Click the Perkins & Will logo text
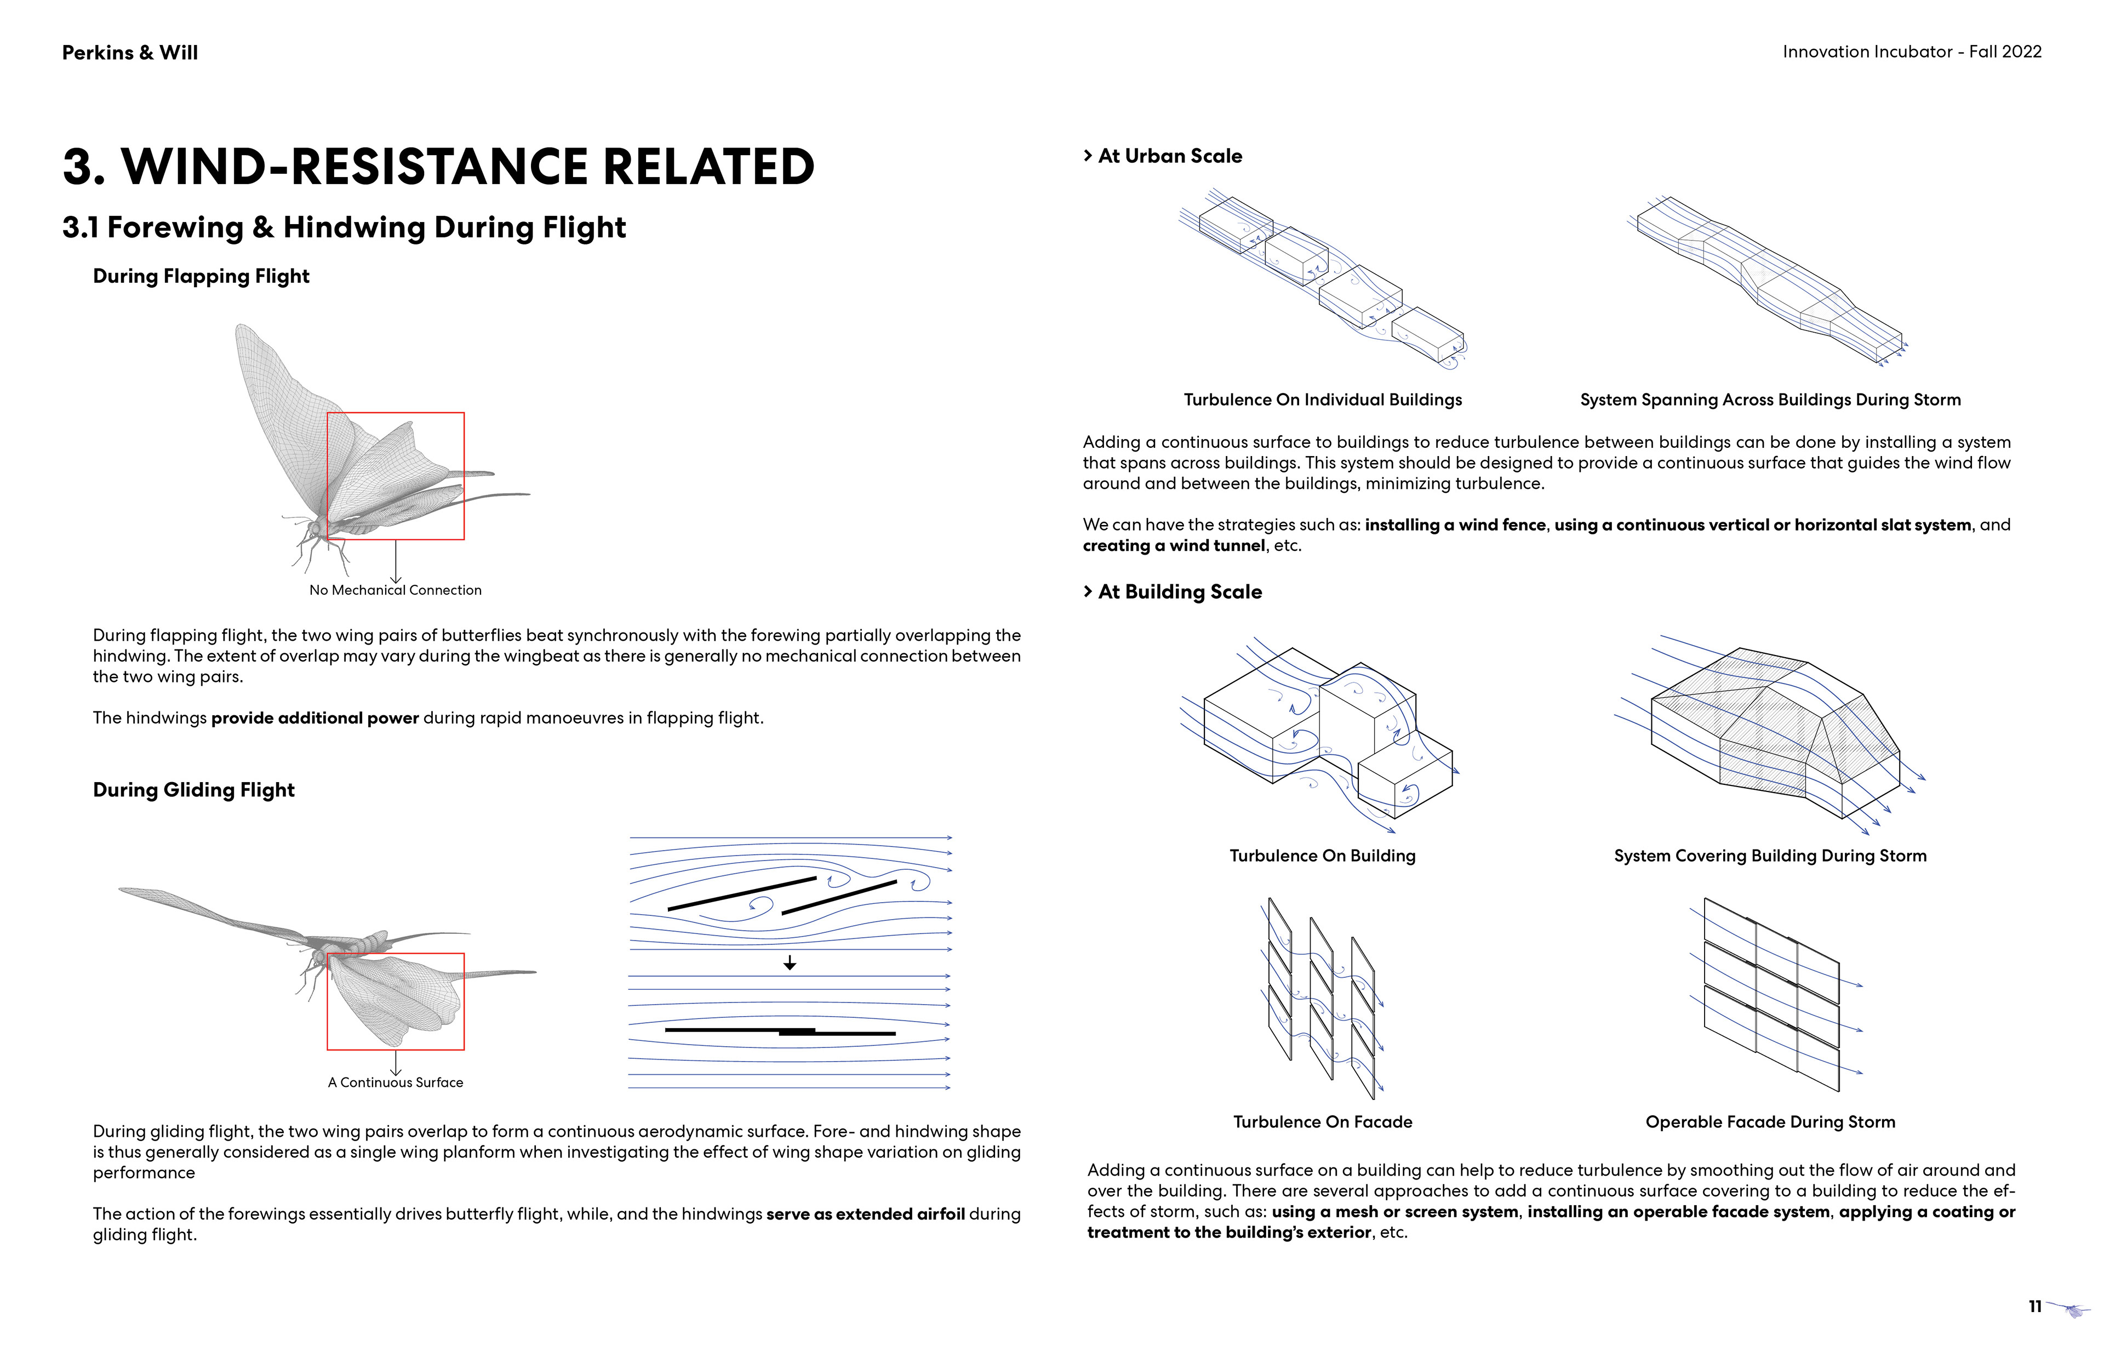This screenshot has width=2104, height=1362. [x=130, y=53]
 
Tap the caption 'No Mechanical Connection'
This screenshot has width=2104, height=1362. [x=395, y=590]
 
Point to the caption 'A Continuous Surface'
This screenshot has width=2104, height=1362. [x=395, y=1082]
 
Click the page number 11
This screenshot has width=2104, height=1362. [x=2034, y=1306]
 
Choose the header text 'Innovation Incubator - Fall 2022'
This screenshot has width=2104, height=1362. [x=1911, y=52]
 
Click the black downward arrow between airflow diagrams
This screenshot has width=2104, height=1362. [x=790, y=962]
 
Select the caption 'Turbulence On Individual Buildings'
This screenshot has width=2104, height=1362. [x=1323, y=400]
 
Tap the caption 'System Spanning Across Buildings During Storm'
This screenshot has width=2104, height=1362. [x=1770, y=400]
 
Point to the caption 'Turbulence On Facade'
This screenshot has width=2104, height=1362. [x=1323, y=1122]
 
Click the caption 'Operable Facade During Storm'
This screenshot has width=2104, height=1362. [x=1770, y=1122]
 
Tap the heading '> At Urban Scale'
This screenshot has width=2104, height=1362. [x=1163, y=157]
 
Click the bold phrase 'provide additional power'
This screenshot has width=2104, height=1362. [x=315, y=718]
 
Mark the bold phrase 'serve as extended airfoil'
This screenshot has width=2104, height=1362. [x=866, y=1215]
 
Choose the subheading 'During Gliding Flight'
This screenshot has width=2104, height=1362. [x=193, y=790]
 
